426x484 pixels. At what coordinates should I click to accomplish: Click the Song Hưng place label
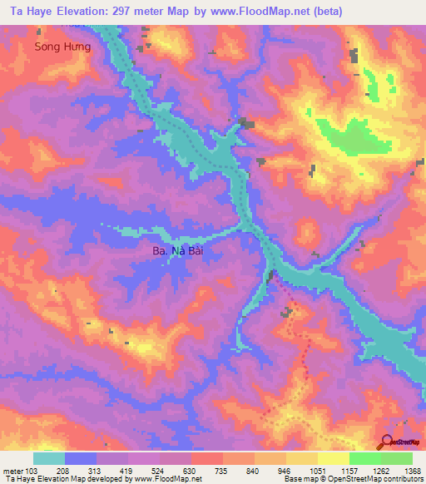tap(62, 47)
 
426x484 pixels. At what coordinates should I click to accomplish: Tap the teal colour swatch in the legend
tap(49, 458)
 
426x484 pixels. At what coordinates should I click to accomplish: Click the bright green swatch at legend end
tap(396, 458)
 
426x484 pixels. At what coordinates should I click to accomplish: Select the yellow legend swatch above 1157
tap(333, 458)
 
